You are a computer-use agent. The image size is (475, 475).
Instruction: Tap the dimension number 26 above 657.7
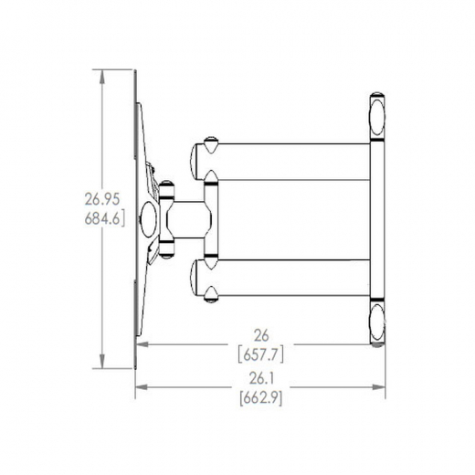(x=259, y=335)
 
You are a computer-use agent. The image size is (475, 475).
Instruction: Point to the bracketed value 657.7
(x=259, y=353)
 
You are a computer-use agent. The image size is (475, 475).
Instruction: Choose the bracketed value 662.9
(x=259, y=398)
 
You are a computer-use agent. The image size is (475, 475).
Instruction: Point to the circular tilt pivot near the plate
(x=149, y=217)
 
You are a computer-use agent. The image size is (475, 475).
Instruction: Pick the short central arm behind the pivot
(x=190, y=218)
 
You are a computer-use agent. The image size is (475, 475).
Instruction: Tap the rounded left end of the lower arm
(x=203, y=280)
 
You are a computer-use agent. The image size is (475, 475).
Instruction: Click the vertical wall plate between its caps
(x=377, y=219)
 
